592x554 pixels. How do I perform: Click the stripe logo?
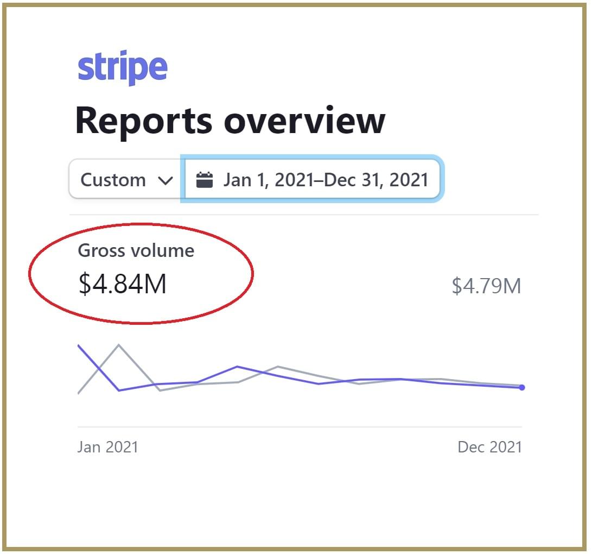123,68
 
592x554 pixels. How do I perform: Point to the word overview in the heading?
304,120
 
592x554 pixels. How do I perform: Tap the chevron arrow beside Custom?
165,180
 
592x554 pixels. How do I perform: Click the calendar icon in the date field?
204,180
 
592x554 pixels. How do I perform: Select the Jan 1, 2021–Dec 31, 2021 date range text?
326,180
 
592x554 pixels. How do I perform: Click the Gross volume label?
136,250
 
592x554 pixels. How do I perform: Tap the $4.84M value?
123,284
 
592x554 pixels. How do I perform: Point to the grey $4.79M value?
486,286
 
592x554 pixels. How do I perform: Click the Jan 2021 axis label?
107,447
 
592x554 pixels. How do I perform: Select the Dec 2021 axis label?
489,447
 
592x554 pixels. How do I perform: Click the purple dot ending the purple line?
522,387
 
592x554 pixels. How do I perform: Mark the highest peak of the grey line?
119,345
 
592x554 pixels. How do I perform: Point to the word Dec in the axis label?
470,447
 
